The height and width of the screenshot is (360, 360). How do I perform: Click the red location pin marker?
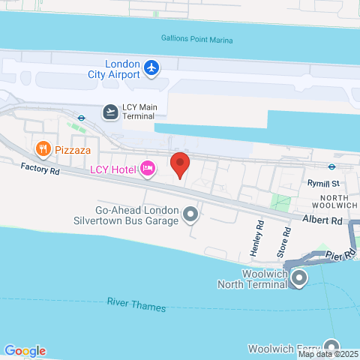point(180,163)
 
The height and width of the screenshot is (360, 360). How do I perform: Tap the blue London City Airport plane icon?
point(152,69)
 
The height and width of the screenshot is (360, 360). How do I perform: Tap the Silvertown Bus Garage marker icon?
point(190,216)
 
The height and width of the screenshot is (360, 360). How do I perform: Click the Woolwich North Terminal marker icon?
point(299,279)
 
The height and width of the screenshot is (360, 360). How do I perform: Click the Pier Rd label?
point(340,256)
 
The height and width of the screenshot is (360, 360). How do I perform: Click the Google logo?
point(25,350)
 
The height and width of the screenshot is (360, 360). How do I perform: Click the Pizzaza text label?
point(73,149)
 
